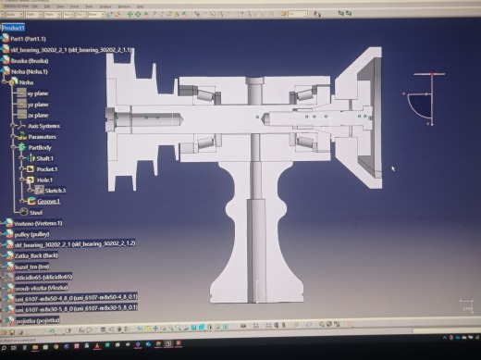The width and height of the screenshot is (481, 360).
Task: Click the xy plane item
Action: point(40,93)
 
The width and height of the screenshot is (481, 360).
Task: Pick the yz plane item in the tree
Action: point(39,105)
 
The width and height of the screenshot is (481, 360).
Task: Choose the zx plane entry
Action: point(39,115)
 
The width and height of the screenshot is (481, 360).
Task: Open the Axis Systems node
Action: point(43,126)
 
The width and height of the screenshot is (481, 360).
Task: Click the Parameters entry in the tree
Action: point(41,138)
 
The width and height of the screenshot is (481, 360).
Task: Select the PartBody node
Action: point(41,147)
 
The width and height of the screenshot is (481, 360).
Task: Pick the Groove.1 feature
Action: point(49,201)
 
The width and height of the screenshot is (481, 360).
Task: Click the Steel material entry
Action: point(36,212)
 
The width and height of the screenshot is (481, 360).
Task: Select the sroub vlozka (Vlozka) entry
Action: point(42,286)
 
